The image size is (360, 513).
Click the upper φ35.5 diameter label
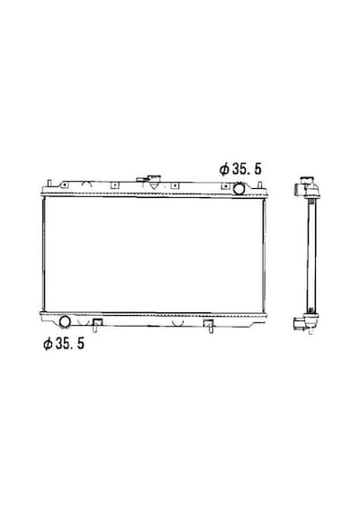pyautogui.click(x=240, y=169)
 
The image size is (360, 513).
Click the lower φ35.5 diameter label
pyautogui.click(x=64, y=343)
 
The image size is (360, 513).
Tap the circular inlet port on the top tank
pyautogui.click(x=238, y=189)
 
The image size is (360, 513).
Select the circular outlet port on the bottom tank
pyautogui.click(x=65, y=321)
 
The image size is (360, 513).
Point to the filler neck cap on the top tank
pyautogui.click(x=154, y=181)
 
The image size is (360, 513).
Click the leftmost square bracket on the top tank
pyautogui.click(x=65, y=185)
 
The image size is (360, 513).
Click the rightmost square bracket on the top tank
pyautogui.click(x=225, y=186)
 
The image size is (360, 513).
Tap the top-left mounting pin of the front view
pyautogui.click(x=49, y=183)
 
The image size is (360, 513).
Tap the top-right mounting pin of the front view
pyautogui.click(x=260, y=185)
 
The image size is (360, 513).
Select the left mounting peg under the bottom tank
pyautogui.click(x=96, y=325)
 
